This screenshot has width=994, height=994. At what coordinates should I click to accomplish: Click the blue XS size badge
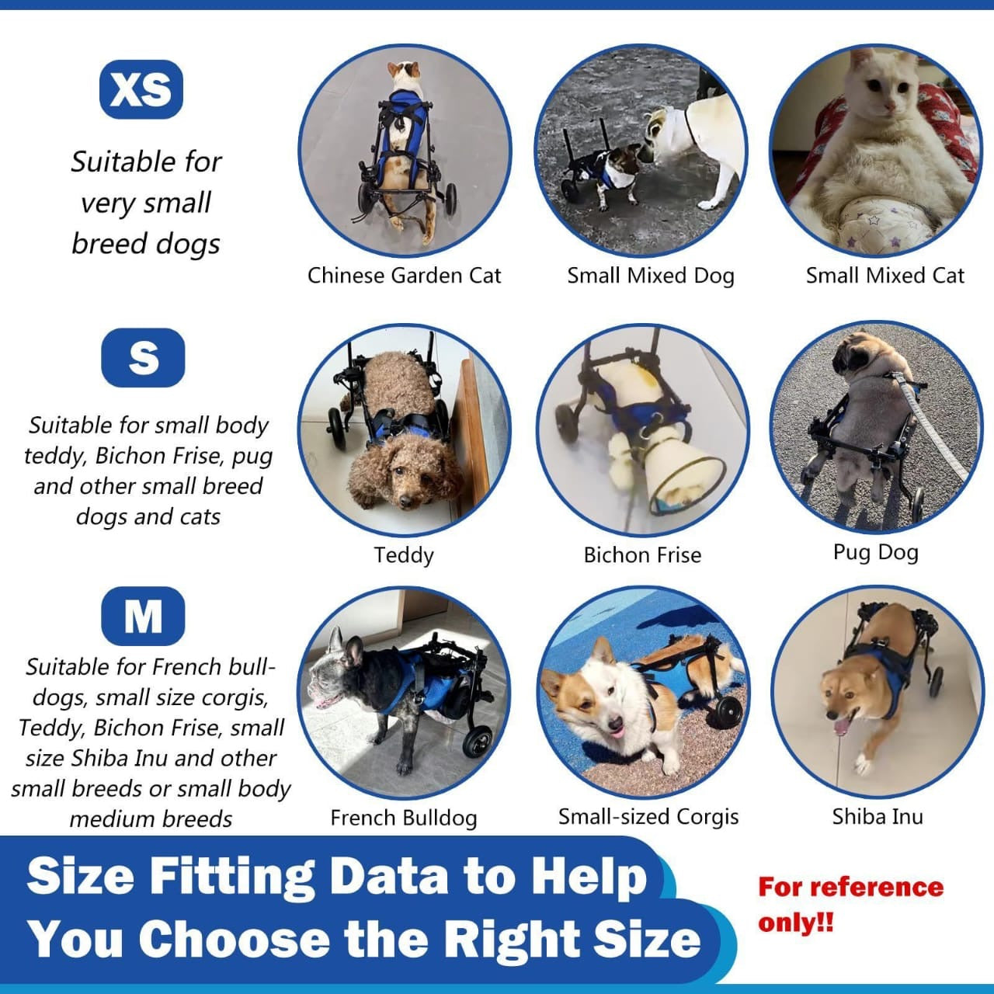pos(141,89)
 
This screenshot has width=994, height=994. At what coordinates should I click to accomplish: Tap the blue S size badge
pos(143,358)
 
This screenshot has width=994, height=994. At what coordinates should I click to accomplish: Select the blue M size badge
pos(143,617)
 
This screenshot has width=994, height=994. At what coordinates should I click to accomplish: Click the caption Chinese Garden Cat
pos(404,276)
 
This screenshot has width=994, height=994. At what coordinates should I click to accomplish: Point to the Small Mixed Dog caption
pos(650,276)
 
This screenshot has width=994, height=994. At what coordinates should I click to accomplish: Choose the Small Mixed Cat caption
pos(885,276)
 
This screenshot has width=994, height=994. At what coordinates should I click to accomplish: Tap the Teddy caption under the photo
pos(404,555)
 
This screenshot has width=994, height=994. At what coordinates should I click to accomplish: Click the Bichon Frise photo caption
pos(642,555)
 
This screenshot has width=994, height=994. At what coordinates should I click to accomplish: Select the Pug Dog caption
pos(875,552)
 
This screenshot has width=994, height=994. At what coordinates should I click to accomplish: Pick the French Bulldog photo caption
pos(404,818)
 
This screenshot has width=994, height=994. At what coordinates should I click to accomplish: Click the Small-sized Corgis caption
pos(648,817)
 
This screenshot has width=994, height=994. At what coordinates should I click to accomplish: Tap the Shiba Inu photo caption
pos(878,817)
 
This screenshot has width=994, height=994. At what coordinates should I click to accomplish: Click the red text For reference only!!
pos(850,905)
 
